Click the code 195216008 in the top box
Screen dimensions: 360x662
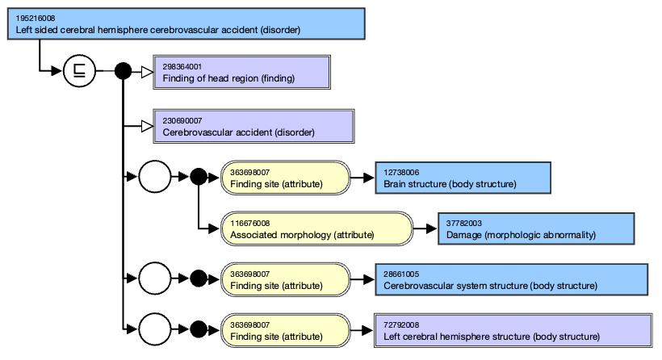[36, 18]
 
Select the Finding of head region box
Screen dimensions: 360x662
[241, 72]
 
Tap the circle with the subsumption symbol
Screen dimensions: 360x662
[79, 72]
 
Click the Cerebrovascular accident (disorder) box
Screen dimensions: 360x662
[253, 126]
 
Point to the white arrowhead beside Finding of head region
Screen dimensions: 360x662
[147, 72]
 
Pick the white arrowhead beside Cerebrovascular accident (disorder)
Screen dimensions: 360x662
[147, 126]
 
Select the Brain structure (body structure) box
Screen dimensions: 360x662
[463, 178]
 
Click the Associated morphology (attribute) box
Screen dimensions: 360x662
[316, 228]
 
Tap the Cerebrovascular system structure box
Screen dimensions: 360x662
[512, 279]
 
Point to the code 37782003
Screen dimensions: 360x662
[466, 223]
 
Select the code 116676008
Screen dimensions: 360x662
[249, 223]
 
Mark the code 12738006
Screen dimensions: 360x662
[403, 172]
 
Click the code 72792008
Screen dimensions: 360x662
[403, 324]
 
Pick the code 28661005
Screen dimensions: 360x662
[403, 274]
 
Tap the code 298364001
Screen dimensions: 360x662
[182, 66]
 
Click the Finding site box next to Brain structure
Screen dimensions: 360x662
[286, 178]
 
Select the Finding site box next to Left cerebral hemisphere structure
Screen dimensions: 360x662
[286, 330]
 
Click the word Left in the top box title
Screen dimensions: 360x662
[25, 30]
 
